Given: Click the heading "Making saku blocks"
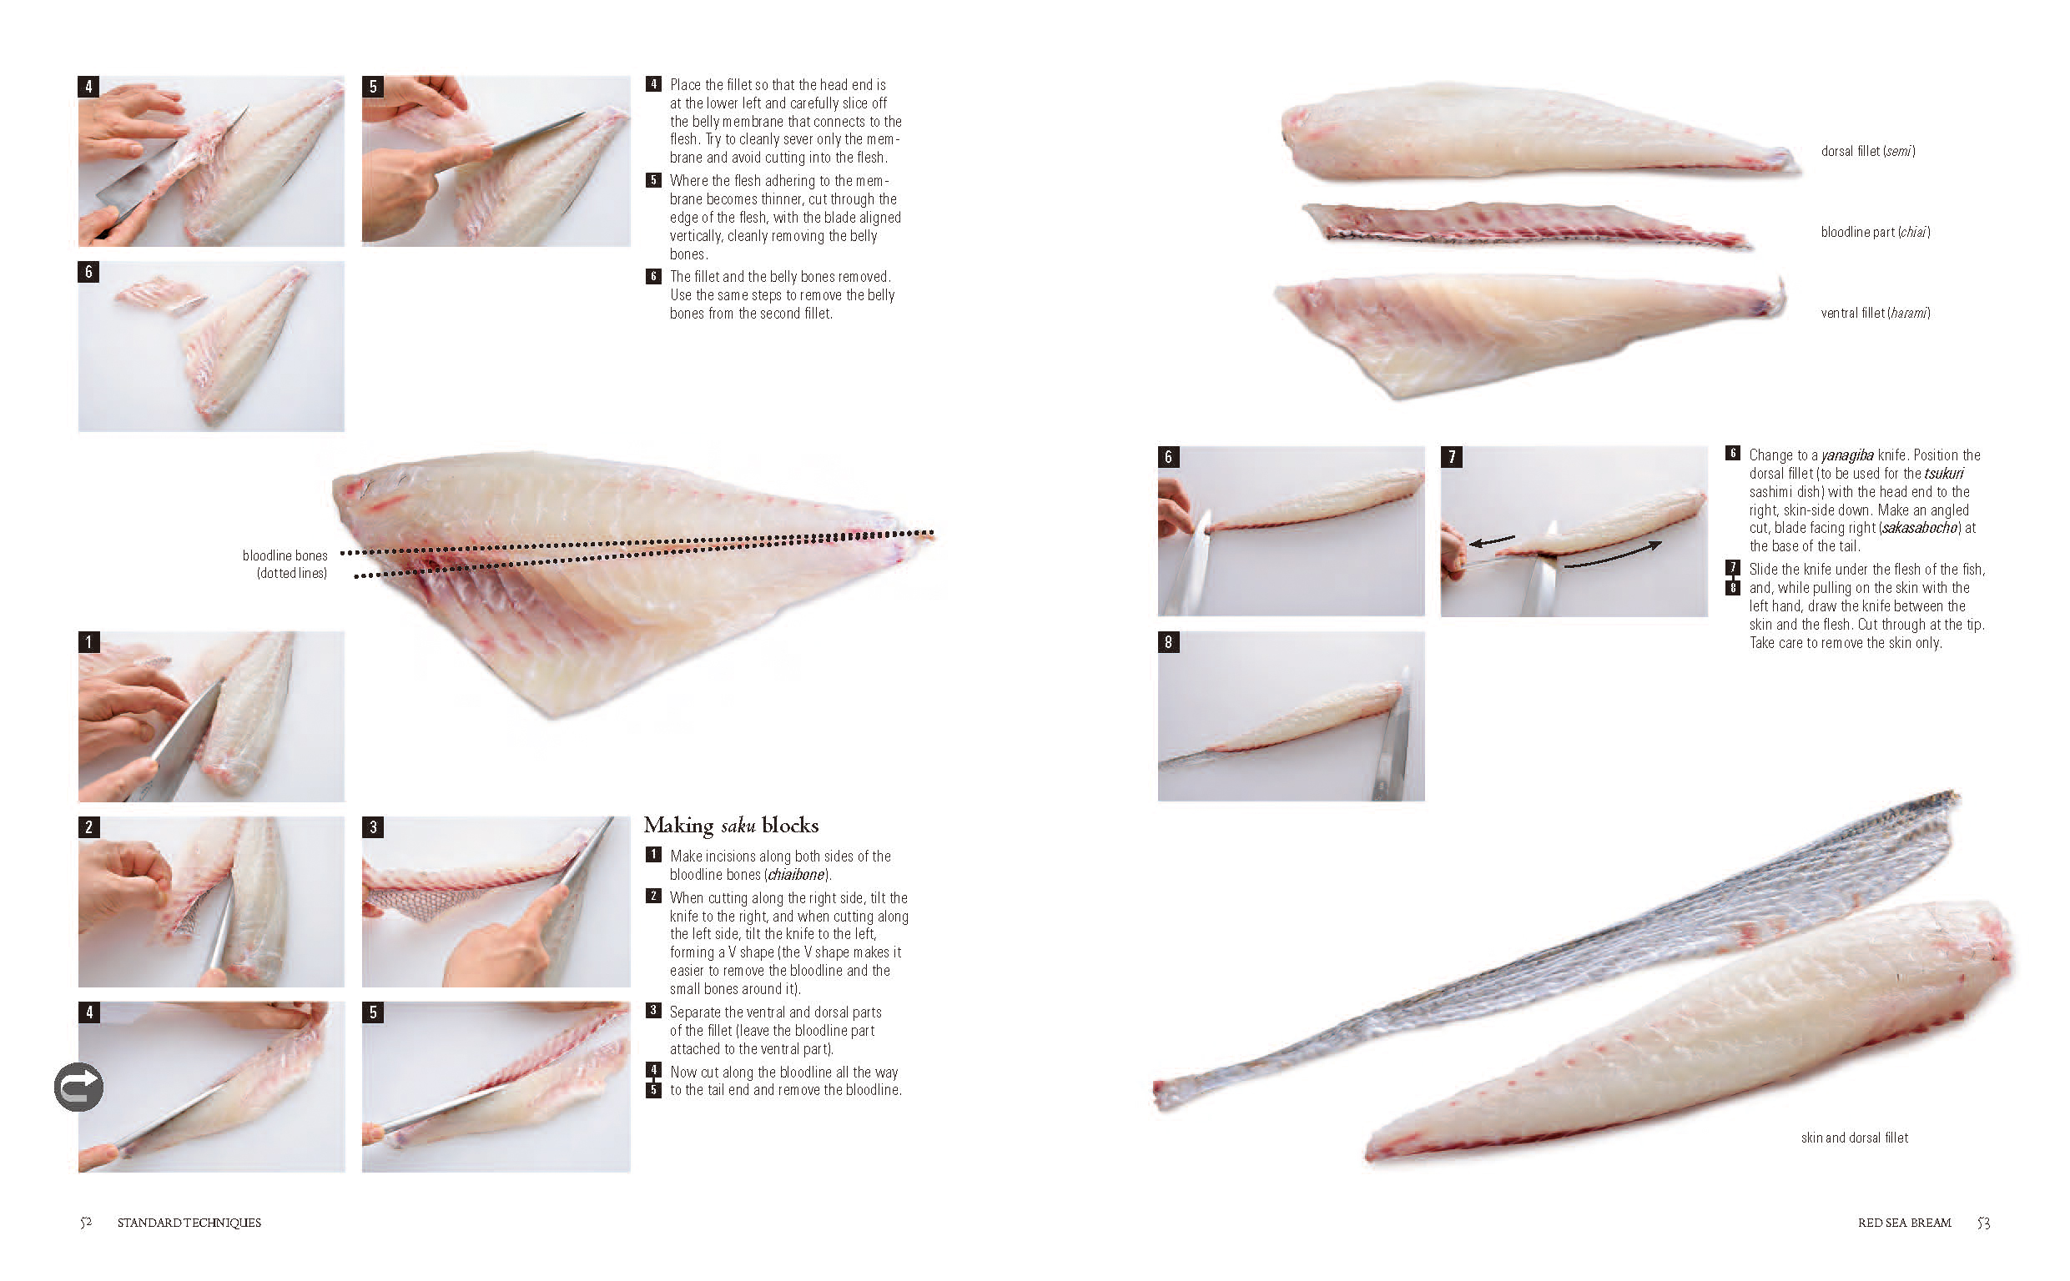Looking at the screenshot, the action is pos(730,825).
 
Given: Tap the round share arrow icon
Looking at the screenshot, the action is pos(78,1087).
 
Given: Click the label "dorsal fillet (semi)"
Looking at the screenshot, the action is pos(1867,152).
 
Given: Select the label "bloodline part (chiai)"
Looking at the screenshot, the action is pos(1875,232).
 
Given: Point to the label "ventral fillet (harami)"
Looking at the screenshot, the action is pos(1875,313).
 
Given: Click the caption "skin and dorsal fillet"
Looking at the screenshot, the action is pos(1854,1138).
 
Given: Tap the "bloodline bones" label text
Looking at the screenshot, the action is pos(285,555).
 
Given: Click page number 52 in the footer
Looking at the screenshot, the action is pos(86,1223).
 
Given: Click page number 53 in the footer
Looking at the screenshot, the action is pos(1982,1223).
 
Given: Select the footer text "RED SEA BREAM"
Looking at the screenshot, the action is pos(1904,1223).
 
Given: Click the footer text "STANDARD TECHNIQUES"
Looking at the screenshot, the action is pos(189,1223).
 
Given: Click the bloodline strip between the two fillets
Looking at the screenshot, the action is pos(1525,224).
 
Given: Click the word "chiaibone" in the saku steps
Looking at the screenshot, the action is pos(796,874).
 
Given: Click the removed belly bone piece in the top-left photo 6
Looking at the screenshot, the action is pos(161,295).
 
